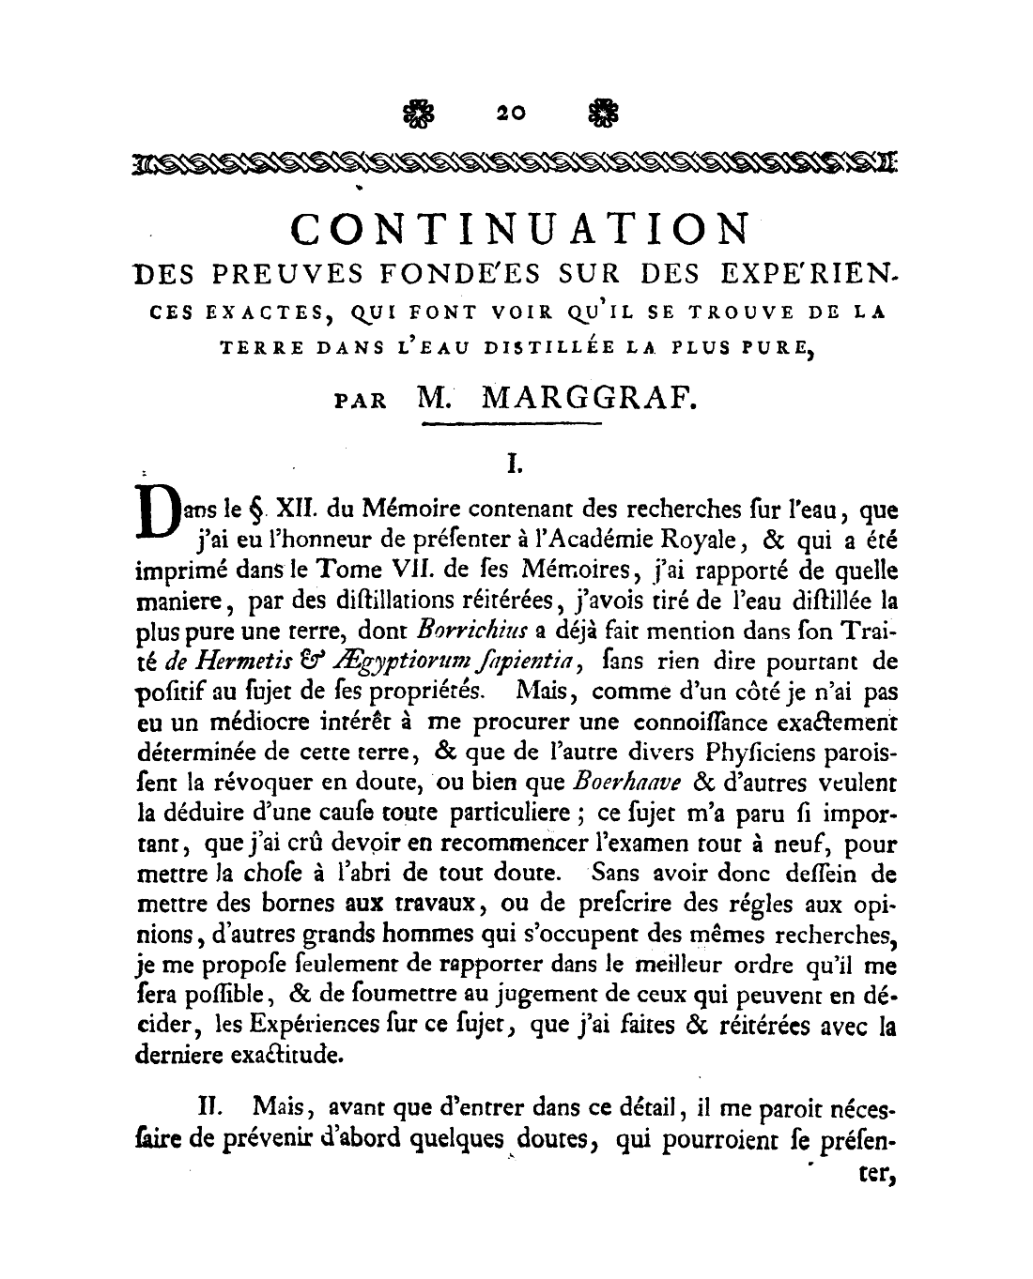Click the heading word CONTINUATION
coord(521,229)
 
